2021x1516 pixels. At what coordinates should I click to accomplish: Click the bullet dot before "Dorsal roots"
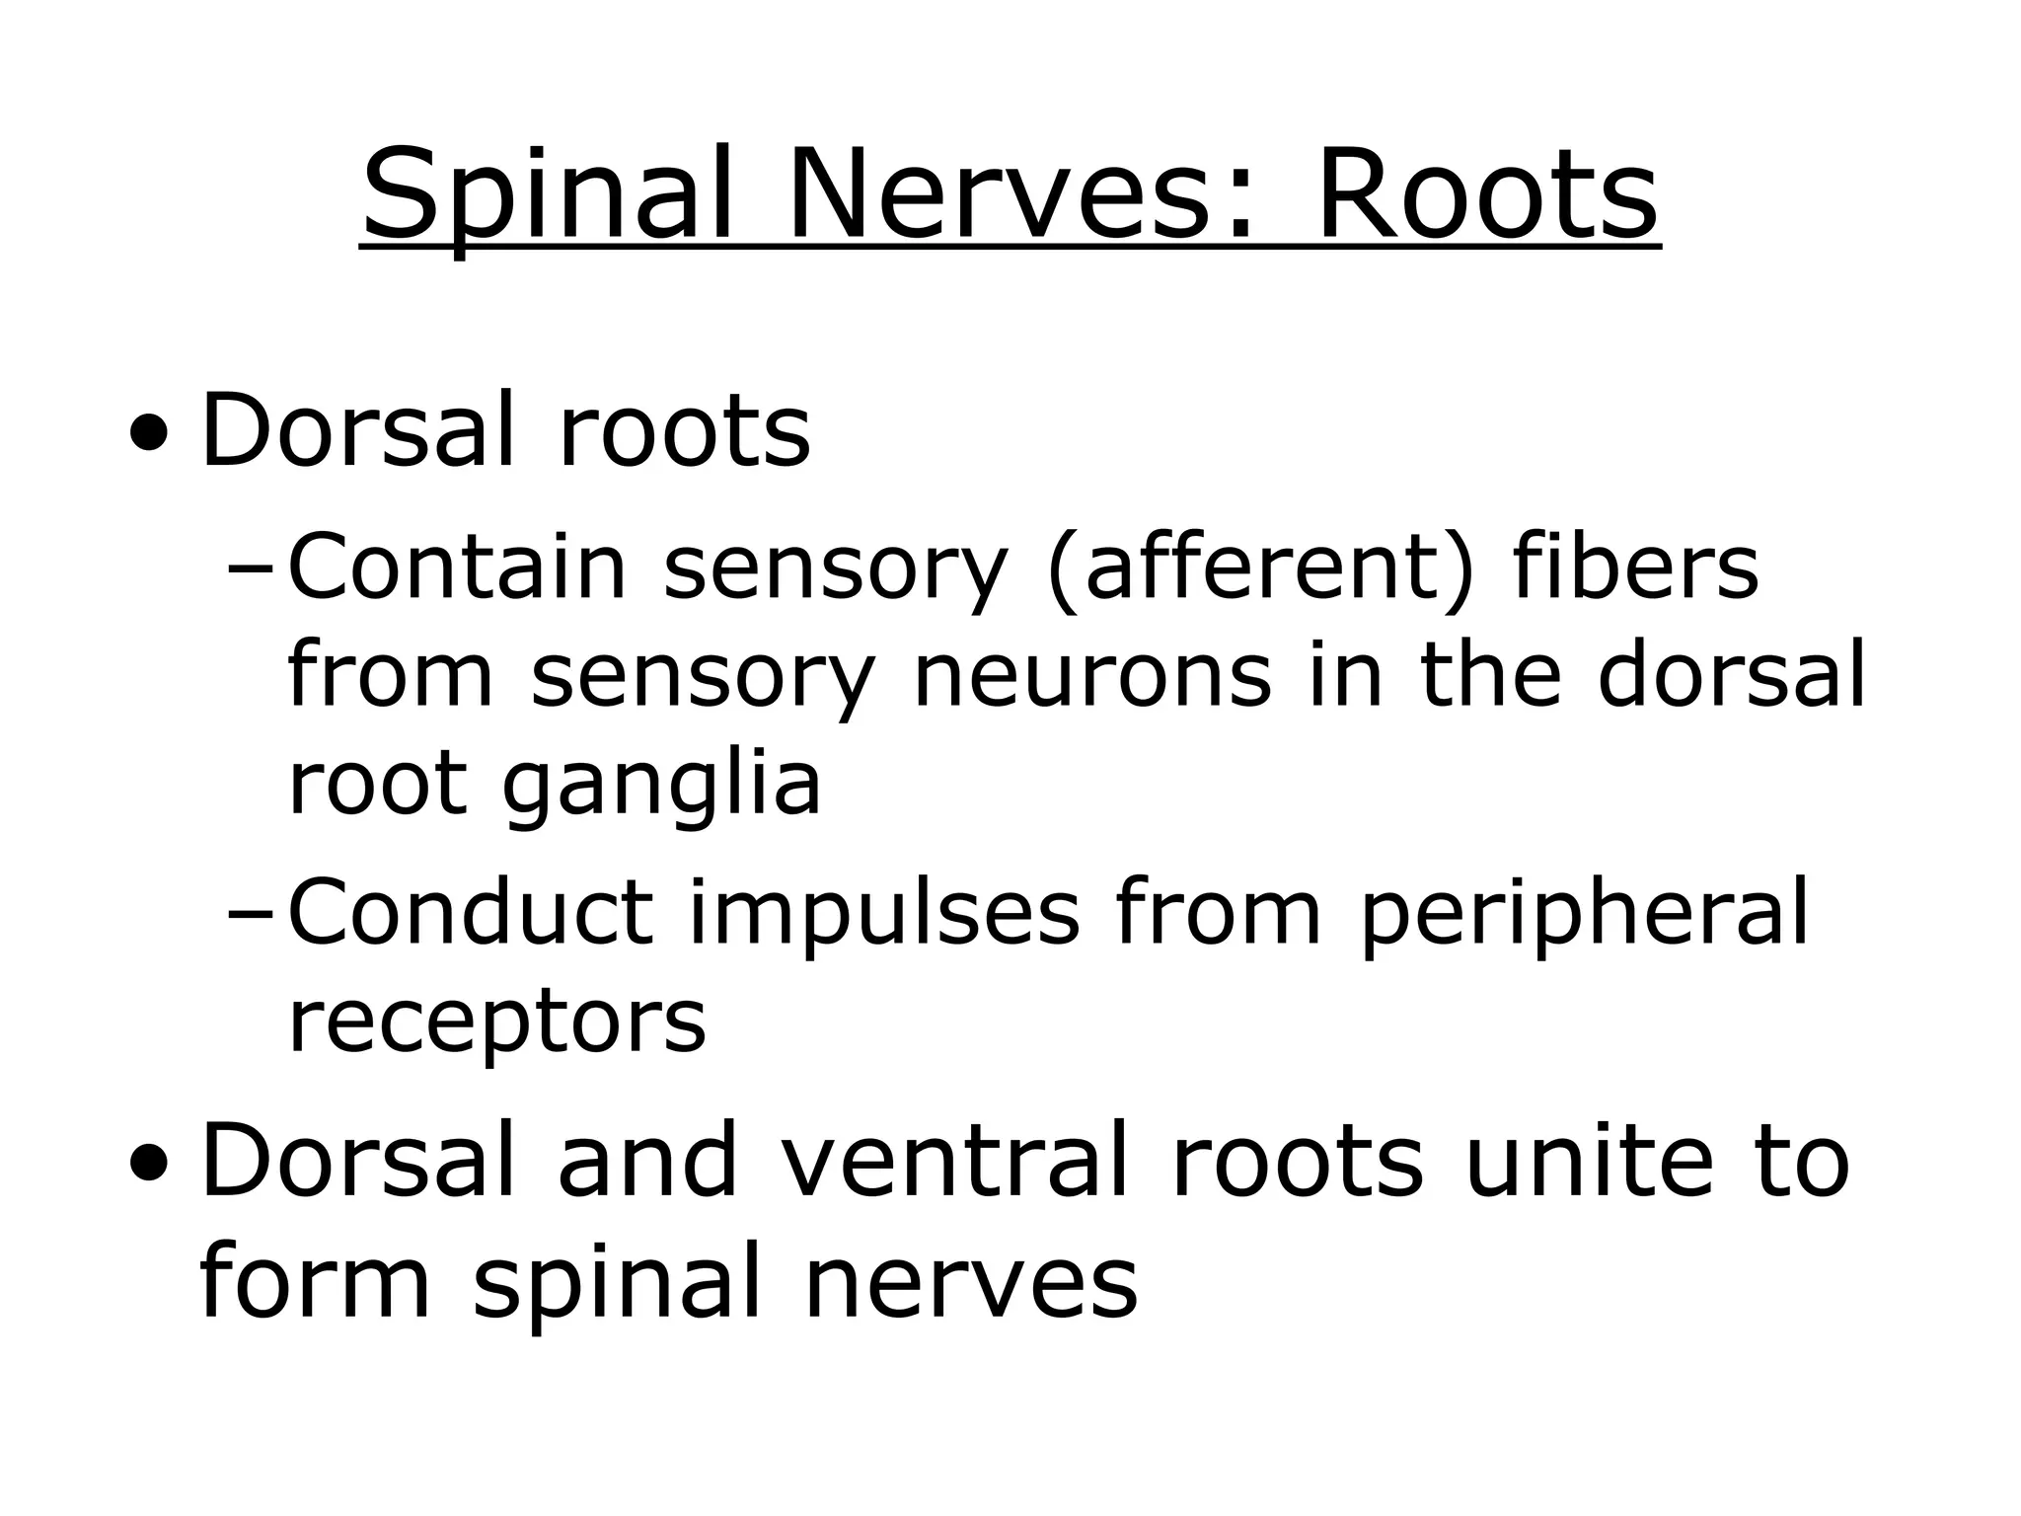tap(147, 433)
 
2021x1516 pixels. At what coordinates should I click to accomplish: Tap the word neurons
tap(1092, 676)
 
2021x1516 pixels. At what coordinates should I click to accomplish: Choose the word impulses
tap(884, 915)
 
